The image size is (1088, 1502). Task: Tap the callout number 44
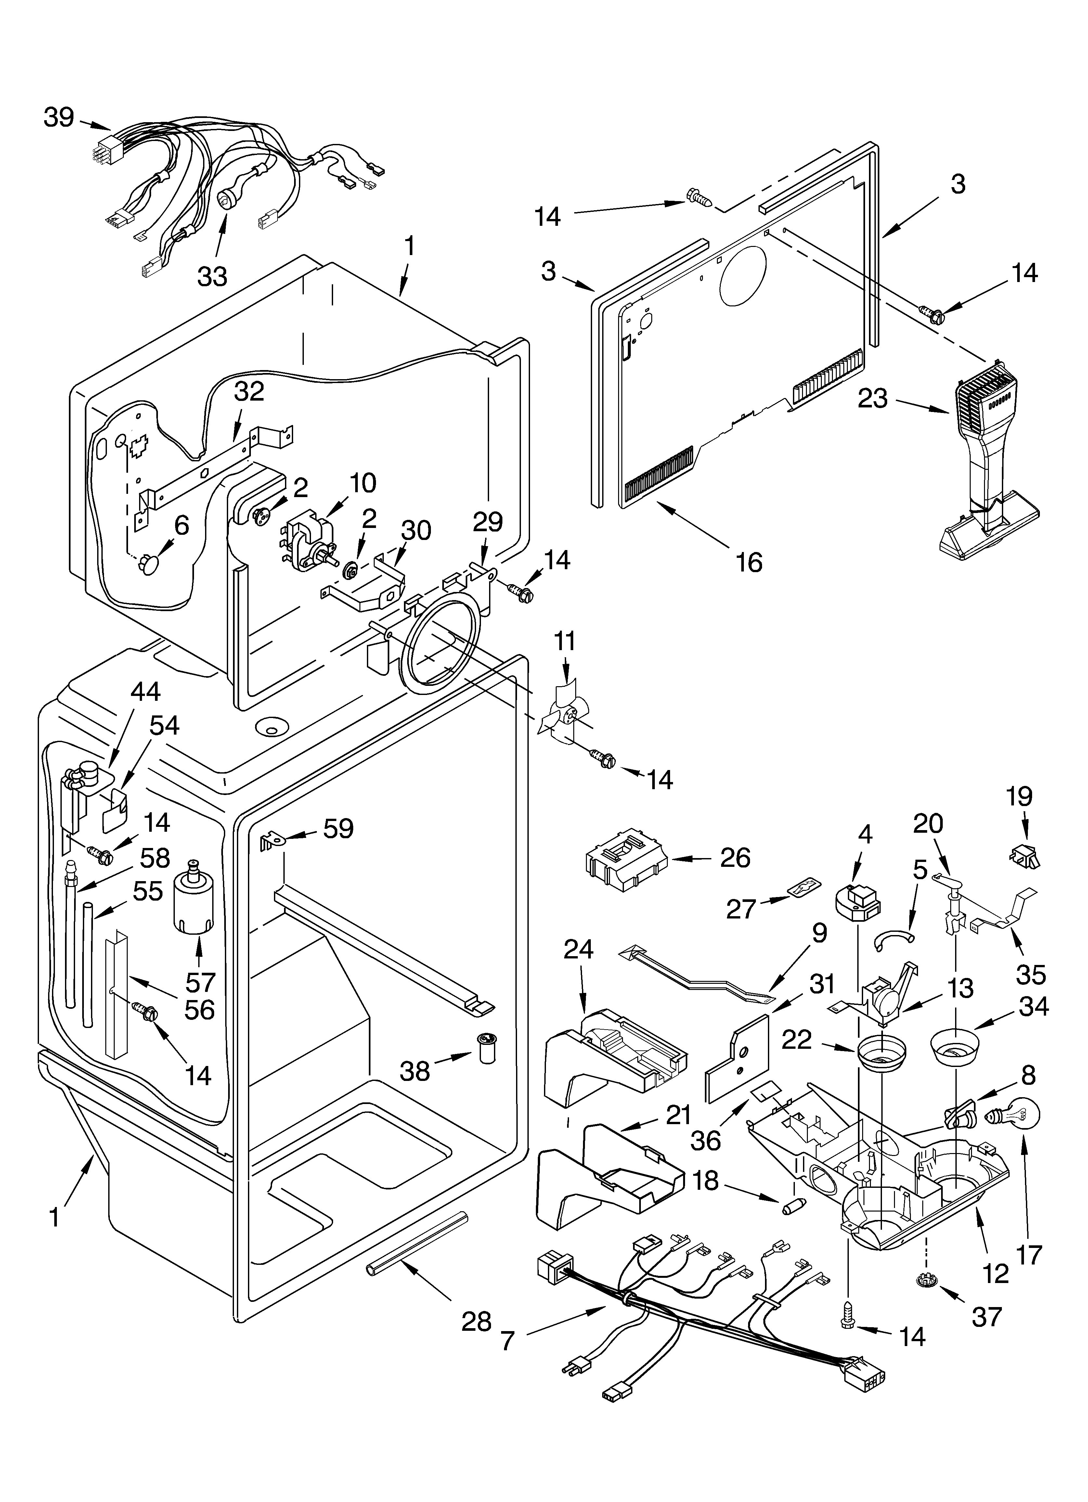pos(145,691)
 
